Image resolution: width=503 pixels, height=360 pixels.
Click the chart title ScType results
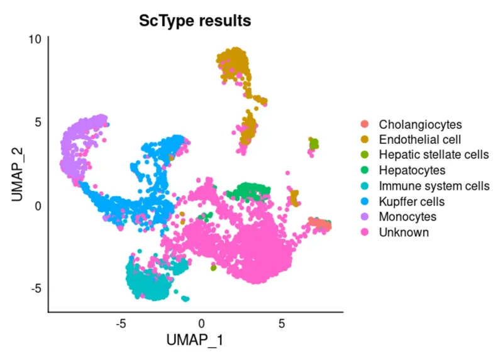coord(195,21)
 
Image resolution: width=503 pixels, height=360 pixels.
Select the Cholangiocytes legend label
coord(420,124)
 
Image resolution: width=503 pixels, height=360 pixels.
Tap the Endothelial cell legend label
coord(419,139)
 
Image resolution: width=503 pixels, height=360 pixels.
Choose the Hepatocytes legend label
coord(412,170)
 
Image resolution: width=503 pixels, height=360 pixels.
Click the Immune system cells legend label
coord(434,186)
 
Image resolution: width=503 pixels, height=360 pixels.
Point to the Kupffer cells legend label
coord(411,202)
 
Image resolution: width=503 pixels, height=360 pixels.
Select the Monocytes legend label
coord(407,217)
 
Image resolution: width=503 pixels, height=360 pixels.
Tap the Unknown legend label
coord(404,232)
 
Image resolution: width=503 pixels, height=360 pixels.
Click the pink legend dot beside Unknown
coord(365,232)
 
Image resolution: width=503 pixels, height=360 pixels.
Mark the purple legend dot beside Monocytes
coord(365,217)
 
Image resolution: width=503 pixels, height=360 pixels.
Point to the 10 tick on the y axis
coord(35,38)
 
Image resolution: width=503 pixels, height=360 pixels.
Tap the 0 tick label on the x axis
coord(202,324)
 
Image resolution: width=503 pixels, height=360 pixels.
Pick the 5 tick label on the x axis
coord(282,324)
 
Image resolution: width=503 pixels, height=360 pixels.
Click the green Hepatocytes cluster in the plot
coord(249,190)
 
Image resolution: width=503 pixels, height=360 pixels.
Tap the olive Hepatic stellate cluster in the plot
coord(313,144)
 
